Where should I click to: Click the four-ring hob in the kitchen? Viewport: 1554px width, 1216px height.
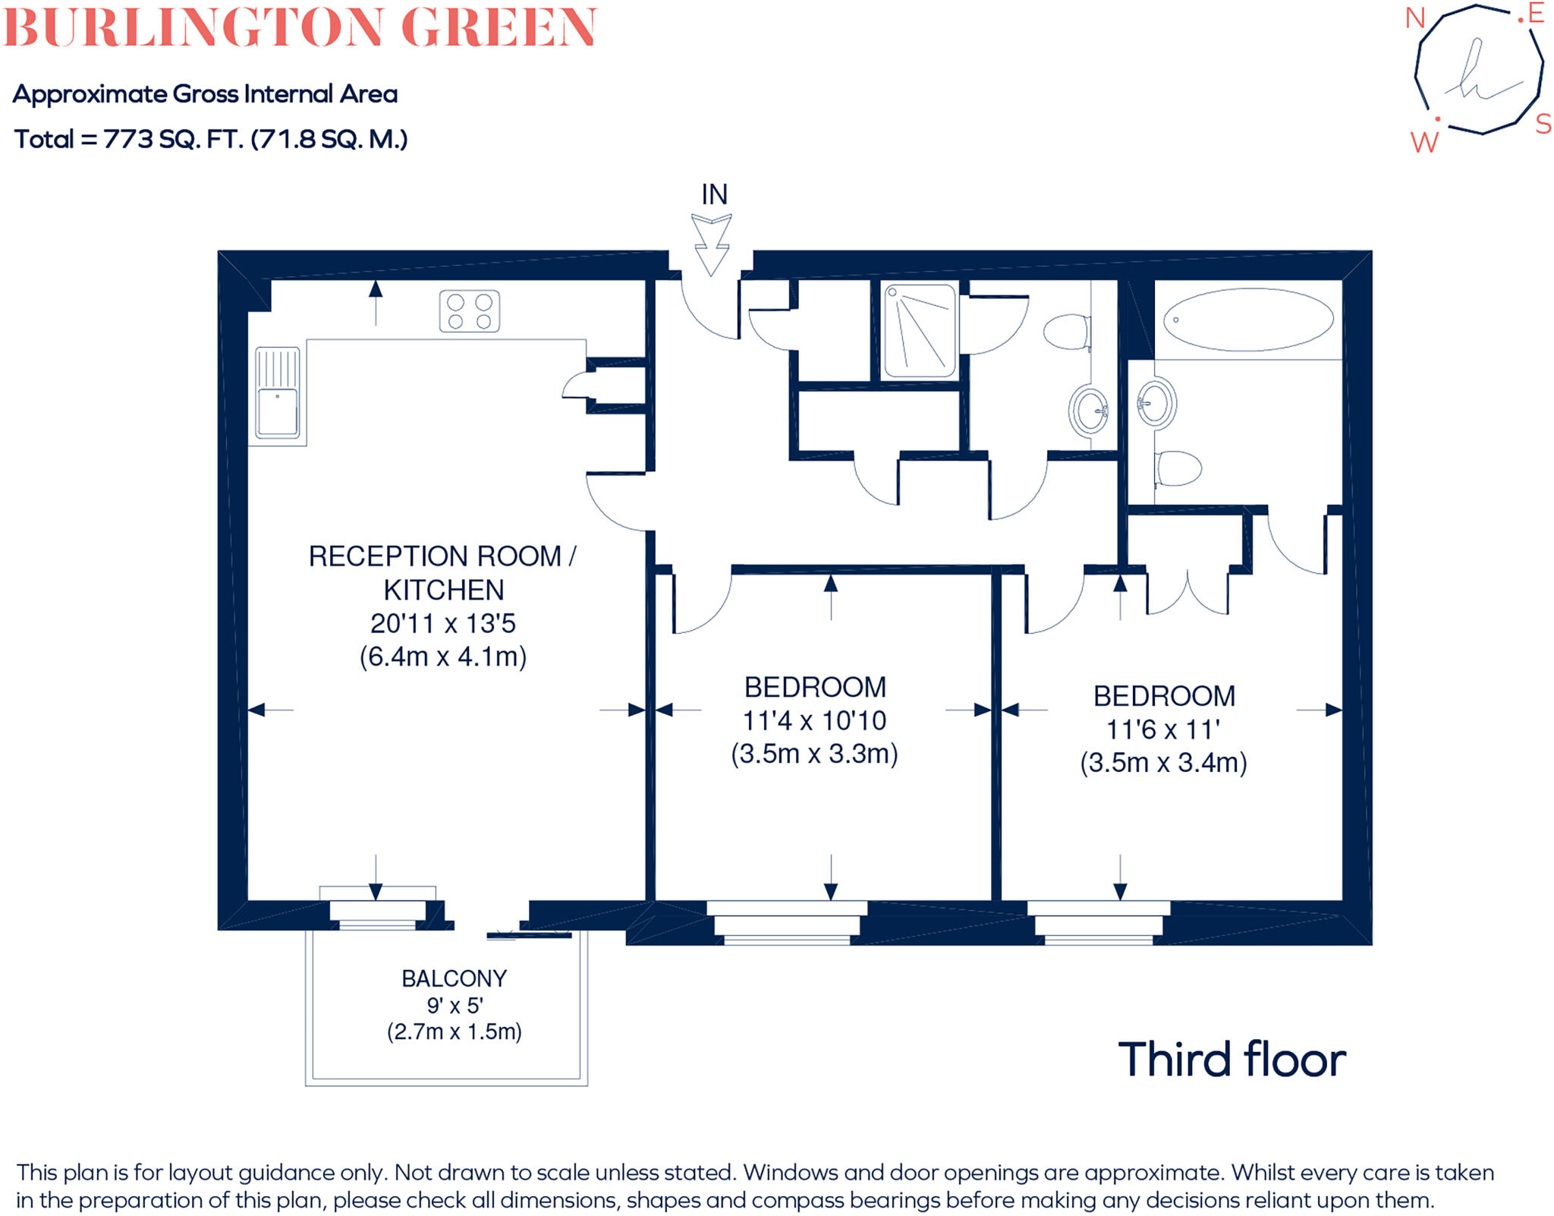point(469,311)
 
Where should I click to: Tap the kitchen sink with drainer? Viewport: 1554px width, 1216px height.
point(277,393)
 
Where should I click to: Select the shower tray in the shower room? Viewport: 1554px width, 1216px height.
point(920,330)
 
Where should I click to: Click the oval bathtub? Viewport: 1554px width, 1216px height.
point(1248,319)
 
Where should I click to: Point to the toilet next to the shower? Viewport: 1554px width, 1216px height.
point(1068,332)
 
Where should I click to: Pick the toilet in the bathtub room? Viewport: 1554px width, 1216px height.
point(1178,468)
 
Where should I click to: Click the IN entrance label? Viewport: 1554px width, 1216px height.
point(714,195)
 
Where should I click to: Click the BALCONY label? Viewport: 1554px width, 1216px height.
point(454,979)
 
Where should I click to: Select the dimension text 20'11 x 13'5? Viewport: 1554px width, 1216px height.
point(442,623)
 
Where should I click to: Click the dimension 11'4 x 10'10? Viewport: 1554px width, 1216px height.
point(814,720)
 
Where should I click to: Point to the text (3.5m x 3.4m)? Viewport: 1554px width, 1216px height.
point(1163,762)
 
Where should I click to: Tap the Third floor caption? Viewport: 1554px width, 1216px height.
point(1232,1060)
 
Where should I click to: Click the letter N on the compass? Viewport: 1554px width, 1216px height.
point(1415,18)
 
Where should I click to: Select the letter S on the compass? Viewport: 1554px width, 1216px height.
point(1543,124)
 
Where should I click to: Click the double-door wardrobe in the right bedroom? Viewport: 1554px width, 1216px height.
point(1187,592)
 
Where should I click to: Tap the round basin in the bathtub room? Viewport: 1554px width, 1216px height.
point(1156,402)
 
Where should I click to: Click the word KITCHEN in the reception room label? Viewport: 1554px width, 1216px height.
point(443,590)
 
